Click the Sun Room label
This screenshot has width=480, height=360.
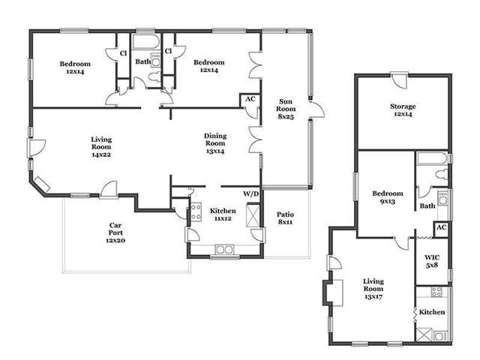pyautogui.click(x=286, y=109)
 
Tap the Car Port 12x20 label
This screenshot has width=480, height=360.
pyautogui.click(x=115, y=232)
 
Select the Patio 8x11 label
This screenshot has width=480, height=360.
pyautogui.click(x=285, y=218)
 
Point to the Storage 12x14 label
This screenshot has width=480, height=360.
pyautogui.click(x=403, y=110)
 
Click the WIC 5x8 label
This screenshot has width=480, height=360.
pyautogui.click(x=432, y=261)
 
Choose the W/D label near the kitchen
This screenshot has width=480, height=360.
pyautogui.click(x=251, y=193)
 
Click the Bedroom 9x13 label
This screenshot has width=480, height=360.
pyautogui.click(x=388, y=197)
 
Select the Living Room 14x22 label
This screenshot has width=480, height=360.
pyautogui.click(x=101, y=147)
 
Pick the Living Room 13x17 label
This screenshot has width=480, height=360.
pyautogui.click(x=373, y=289)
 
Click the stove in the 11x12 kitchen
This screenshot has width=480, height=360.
pyautogui.click(x=196, y=211)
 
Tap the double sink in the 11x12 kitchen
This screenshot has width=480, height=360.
pyautogui.click(x=224, y=250)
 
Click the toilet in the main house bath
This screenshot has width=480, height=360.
pyautogui.click(x=154, y=76)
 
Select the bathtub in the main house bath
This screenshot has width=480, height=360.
pyautogui.click(x=146, y=41)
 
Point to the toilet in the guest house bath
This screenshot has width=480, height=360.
pyautogui.click(x=442, y=175)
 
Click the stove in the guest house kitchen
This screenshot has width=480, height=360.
pyautogui.click(x=436, y=292)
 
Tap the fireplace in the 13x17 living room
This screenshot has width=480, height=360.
pyautogui.click(x=332, y=292)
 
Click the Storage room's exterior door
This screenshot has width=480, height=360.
pyautogui.click(x=399, y=80)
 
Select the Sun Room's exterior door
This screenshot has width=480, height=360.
pyautogui.click(x=317, y=109)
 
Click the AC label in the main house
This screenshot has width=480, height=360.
pyautogui.click(x=250, y=99)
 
